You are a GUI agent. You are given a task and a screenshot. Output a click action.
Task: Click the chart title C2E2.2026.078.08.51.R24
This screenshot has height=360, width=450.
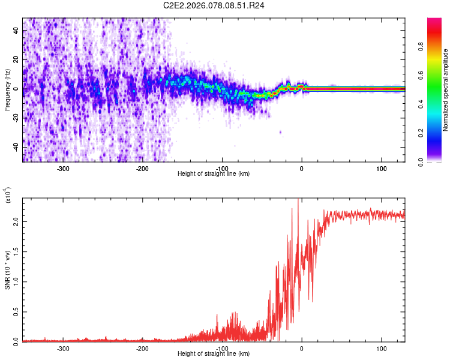[x=214, y=5]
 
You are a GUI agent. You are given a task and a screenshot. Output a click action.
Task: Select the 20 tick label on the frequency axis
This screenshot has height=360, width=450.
[x=16, y=59]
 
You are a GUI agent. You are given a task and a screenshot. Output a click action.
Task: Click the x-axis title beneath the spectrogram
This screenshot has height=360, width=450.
[x=214, y=174]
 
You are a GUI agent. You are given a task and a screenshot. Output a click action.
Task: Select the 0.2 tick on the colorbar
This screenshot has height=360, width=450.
[x=437, y=133]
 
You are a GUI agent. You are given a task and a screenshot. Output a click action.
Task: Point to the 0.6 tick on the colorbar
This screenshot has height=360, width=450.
[x=437, y=76]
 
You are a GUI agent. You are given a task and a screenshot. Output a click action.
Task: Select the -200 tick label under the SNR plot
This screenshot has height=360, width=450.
[x=142, y=349]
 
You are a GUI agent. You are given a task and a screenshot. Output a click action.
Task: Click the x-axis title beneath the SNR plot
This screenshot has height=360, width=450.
[x=214, y=354]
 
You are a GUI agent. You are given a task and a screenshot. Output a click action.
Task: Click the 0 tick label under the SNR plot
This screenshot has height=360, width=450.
[x=302, y=349]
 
